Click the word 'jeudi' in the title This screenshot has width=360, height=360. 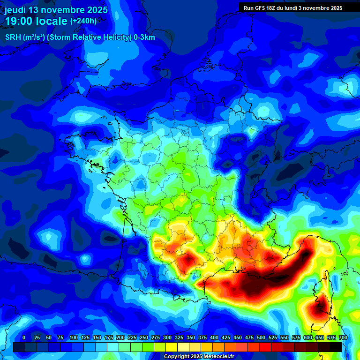(16, 10)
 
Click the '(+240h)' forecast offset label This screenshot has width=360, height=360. (83, 21)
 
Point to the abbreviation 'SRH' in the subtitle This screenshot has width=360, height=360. (14, 37)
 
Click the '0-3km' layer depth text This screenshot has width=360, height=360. (144, 37)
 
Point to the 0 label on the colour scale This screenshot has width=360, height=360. (24, 338)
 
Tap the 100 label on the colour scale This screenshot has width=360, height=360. (74, 338)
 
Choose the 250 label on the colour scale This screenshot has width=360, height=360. (144, 338)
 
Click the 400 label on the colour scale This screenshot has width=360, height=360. (214, 338)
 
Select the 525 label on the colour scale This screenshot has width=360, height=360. (273, 338)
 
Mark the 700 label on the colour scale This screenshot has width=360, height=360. (343, 338)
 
